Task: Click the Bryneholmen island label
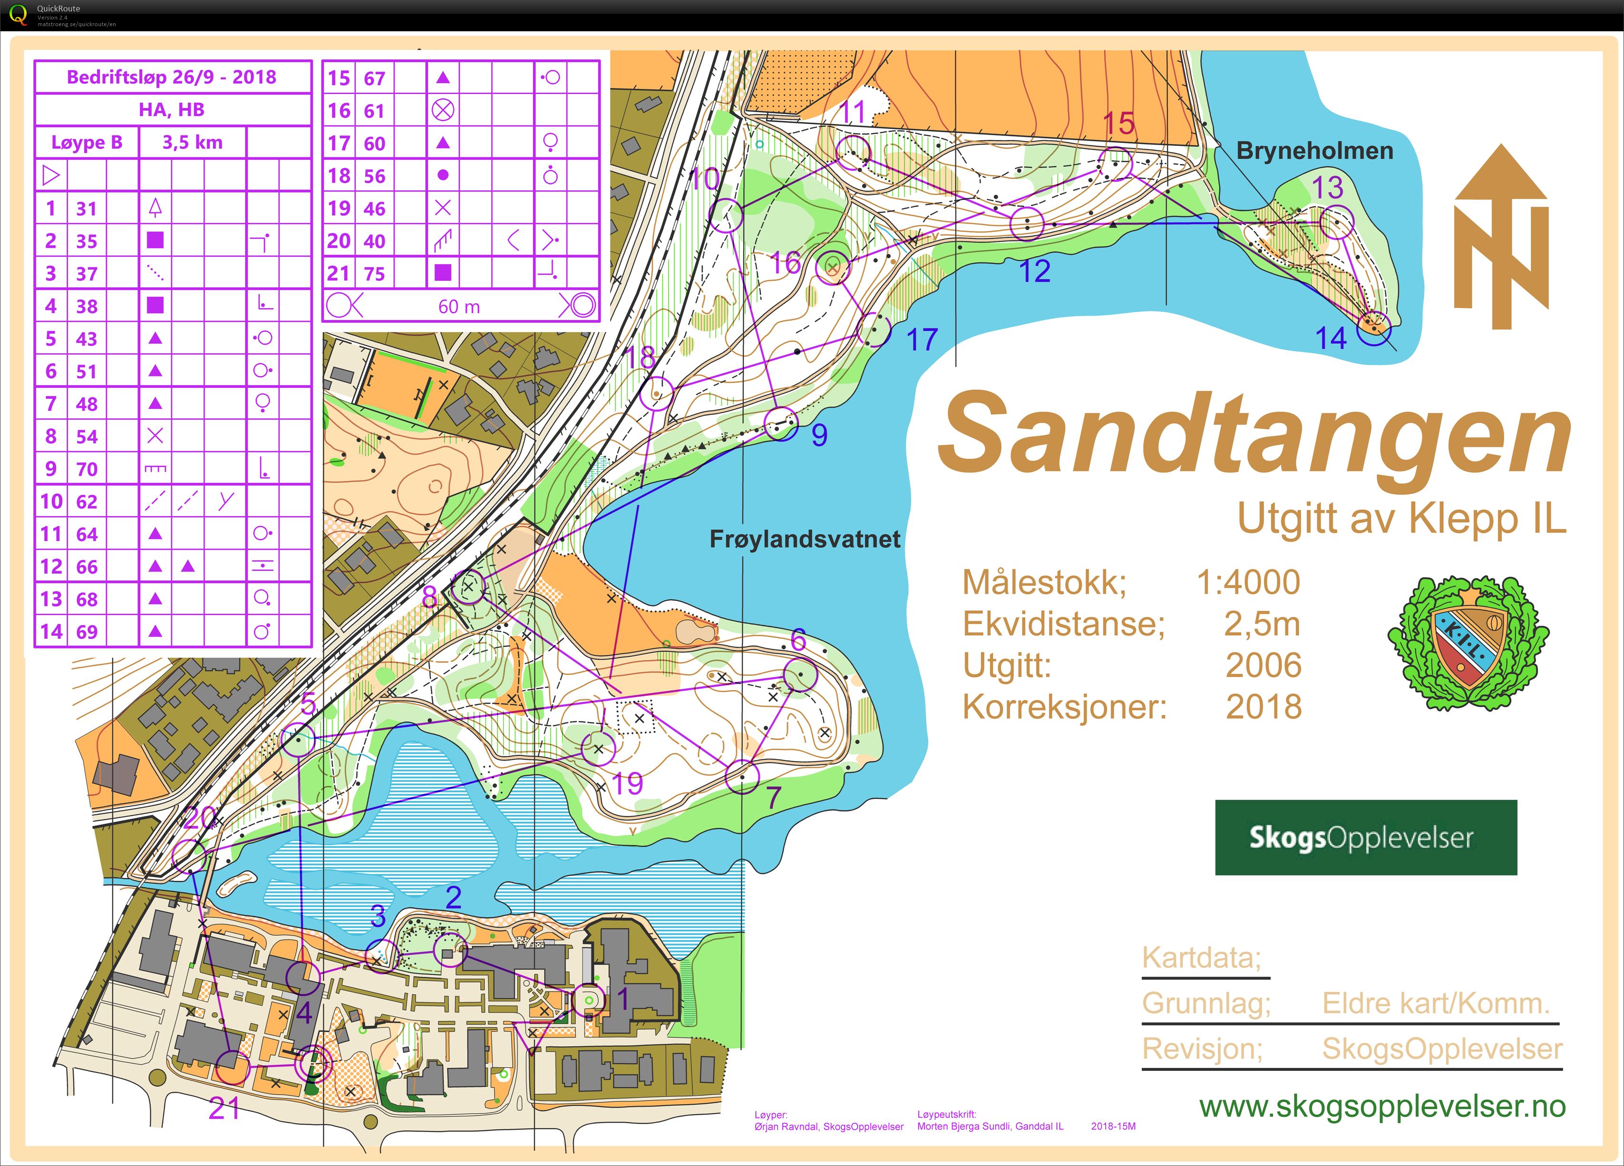pos(1315,151)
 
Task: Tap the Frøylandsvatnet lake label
pos(804,539)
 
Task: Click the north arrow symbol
pos(1500,236)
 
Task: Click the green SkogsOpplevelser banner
pos(1365,838)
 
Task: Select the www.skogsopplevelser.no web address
pos(1382,1107)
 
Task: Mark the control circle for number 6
pos(800,674)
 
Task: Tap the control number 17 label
pos(922,340)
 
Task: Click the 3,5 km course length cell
pos(192,143)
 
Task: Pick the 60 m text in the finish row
pos(459,306)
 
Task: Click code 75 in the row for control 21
pos(374,273)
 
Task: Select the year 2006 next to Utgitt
pos(1263,665)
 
